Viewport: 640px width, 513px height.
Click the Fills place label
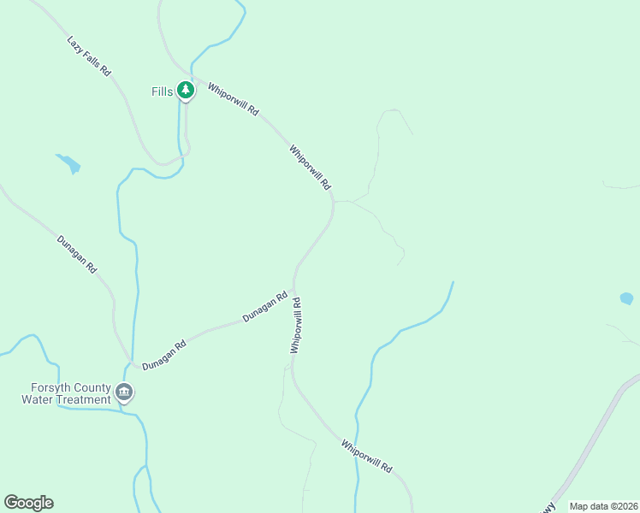click(163, 91)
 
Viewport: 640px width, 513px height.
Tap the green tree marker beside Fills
click(186, 90)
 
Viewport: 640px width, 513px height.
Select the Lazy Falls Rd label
click(89, 57)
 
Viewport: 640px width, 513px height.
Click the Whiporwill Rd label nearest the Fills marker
click(233, 100)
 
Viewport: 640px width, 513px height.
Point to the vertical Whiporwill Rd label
click(296, 325)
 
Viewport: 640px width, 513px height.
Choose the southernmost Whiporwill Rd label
click(366, 457)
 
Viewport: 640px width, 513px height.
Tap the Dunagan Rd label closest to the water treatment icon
click(164, 355)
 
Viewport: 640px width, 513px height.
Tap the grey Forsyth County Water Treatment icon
click(124, 392)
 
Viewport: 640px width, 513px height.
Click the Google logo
click(28, 503)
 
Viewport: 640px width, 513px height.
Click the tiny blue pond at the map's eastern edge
click(626, 298)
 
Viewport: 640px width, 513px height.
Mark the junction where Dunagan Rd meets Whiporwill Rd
click(294, 285)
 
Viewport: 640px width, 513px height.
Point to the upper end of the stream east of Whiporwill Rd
click(452, 283)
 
